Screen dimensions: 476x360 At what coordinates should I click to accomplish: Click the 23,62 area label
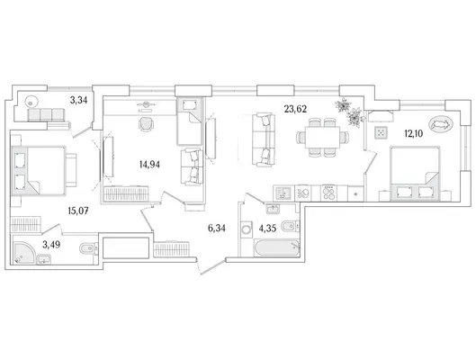coord(295,109)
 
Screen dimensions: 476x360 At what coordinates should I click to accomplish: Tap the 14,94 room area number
coord(149,165)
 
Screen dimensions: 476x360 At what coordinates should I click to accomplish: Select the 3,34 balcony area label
coord(78,100)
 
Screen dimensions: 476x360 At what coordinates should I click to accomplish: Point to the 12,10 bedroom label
coord(414,133)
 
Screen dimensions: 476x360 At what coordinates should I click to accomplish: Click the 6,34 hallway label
coord(217,228)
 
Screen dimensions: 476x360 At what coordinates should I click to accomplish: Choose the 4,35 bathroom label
coord(267,228)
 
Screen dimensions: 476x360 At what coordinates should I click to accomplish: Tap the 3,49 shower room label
coord(51,245)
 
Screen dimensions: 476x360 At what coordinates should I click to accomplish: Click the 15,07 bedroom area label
coord(78,211)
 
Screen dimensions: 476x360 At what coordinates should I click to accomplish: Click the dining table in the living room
coord(322,137)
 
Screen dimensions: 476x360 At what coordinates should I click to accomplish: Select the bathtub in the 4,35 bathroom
coord(276,248)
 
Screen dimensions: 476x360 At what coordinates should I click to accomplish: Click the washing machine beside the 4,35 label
coord(247,228)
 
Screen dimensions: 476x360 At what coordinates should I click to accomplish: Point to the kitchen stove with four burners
coord(328,193)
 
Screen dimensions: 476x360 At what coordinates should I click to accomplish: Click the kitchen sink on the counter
coord(283,193)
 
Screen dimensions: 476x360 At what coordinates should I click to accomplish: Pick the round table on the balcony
coord(31,101)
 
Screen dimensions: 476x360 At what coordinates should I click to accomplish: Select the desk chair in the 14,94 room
coord(147,124)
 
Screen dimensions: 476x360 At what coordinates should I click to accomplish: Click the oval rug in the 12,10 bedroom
coord(441,124)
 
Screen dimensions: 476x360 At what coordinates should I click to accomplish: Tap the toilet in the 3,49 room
coord(88,249)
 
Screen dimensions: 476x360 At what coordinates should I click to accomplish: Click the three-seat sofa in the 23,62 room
coord(264,139)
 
